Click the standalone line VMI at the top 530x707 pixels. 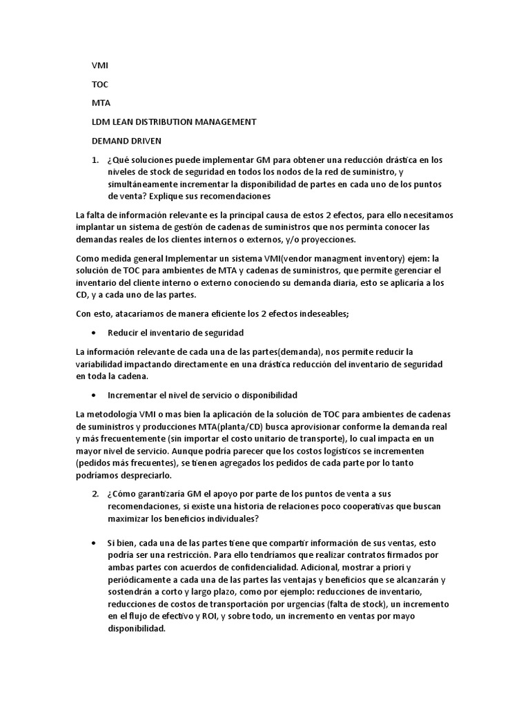pos(100,66)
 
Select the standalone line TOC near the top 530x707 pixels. pos(100,84)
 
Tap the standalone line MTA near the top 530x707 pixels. pos(101,103)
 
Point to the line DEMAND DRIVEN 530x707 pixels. pos(126,140)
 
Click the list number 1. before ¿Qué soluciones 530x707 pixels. pos(96,159)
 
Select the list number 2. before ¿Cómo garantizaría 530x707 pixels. pos(96,494)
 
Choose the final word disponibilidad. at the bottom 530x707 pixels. pos(137,630)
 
